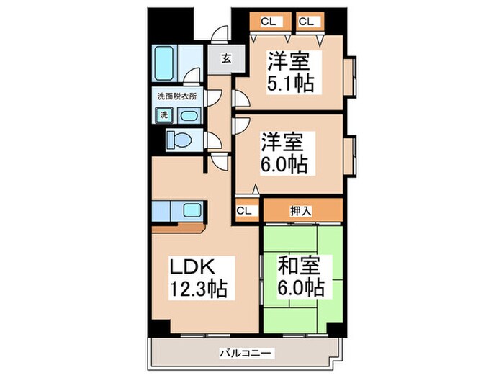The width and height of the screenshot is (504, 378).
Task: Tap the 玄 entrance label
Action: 225,60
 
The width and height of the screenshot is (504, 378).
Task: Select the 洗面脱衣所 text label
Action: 177,96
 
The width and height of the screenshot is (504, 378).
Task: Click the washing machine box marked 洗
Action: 163,115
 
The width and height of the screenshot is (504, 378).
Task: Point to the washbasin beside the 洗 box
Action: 189,115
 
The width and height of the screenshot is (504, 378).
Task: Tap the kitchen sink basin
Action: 192,210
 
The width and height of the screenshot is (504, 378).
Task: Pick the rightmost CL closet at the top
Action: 306,22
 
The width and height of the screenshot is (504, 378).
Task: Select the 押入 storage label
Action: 301,210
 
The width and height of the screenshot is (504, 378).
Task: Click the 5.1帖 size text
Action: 291,83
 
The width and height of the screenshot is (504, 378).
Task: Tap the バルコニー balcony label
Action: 246,354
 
